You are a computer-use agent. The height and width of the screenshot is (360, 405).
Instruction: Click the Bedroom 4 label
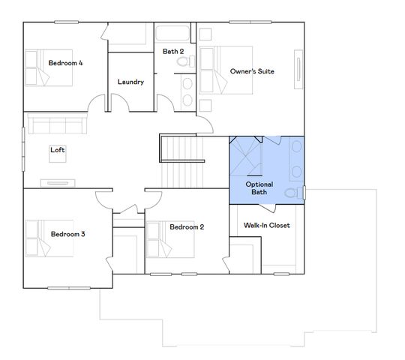tap(65, 63)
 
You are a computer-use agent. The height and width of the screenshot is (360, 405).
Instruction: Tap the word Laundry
tap(130, 82)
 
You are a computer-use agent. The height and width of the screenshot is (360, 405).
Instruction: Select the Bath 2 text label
tap(174, 51)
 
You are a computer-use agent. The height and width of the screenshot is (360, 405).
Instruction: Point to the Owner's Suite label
tap(251, 71)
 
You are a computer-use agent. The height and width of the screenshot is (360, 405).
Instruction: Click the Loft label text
tap(58, 150)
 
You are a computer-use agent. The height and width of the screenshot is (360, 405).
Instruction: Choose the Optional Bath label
tap(259, 188)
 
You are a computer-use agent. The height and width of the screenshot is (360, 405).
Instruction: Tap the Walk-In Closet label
tap(267, 225)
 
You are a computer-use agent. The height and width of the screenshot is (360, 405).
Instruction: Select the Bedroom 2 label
tap(187, 226)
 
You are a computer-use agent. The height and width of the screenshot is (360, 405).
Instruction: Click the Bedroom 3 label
tap(67, 234)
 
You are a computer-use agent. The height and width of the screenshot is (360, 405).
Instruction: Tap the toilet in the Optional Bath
tap(292, 193)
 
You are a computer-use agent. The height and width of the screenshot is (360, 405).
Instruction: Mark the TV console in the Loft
tap(57, 182)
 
